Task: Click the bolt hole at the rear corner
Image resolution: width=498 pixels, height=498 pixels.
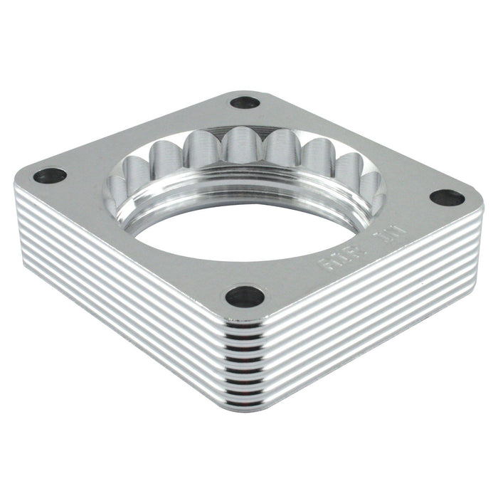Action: tap(245, 102)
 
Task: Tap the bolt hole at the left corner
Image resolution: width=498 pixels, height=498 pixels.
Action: tap(50, 175)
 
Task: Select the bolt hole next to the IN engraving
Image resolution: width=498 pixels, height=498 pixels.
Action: tap(447, 198)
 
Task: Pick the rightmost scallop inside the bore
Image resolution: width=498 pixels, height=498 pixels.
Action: tap(371, 186)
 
